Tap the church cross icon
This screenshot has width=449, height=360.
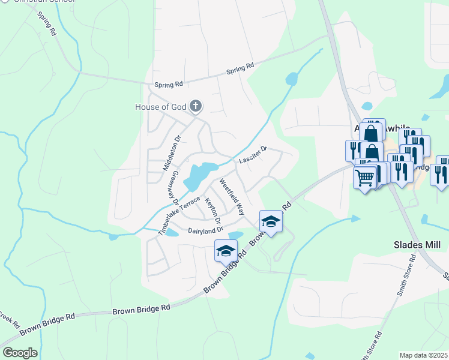coord(195,107)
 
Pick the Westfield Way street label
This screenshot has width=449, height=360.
coord(232,196)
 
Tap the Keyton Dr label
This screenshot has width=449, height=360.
coord(213,211)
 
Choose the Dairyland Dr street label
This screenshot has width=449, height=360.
coord(205,230)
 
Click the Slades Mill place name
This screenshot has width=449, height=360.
coord(417,245)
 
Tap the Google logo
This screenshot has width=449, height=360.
coord(19,353)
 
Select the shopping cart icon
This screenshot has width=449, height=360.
coord(365,177)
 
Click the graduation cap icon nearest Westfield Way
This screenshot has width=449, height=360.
coord(271,222)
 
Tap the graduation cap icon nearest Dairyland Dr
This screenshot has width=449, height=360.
coord(226,250)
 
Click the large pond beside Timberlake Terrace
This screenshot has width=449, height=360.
coord(199,175)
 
